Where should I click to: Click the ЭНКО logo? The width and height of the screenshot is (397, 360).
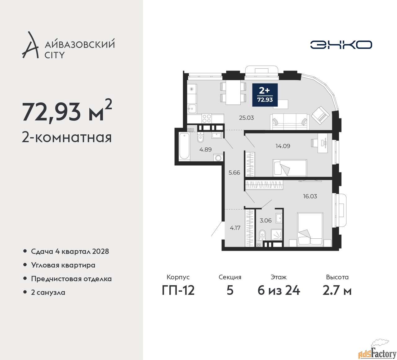coord(341,45)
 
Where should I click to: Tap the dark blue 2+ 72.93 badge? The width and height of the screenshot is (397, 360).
coord(265,95)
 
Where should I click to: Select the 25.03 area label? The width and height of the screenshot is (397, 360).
coord(246,118)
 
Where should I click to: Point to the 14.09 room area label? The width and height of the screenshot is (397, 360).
coord(283,146)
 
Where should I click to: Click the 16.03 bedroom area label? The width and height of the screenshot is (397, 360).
coord(310,196)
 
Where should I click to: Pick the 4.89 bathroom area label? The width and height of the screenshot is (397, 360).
coord(205,150)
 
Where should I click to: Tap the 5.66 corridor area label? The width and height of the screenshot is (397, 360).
coord(234,173)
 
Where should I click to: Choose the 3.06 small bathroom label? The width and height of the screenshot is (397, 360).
coord(265,220)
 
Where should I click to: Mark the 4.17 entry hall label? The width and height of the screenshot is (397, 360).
coord(235,228)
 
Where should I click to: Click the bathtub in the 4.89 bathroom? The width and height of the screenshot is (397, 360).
coord(184,146)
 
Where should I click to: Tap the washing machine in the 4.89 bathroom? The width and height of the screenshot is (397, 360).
coord(218,158)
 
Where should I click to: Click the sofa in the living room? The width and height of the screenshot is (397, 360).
coord(289,122)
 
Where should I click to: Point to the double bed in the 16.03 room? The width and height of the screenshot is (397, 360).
coord(310,230)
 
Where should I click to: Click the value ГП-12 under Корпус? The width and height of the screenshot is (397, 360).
coord(178,291)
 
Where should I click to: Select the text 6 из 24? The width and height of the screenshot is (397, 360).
coord(279,291)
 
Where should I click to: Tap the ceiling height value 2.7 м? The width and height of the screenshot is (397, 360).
coord(337,291)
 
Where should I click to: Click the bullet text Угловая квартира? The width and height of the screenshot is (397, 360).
coord(63,265)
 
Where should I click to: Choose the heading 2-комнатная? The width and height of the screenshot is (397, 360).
coord(67,138)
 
